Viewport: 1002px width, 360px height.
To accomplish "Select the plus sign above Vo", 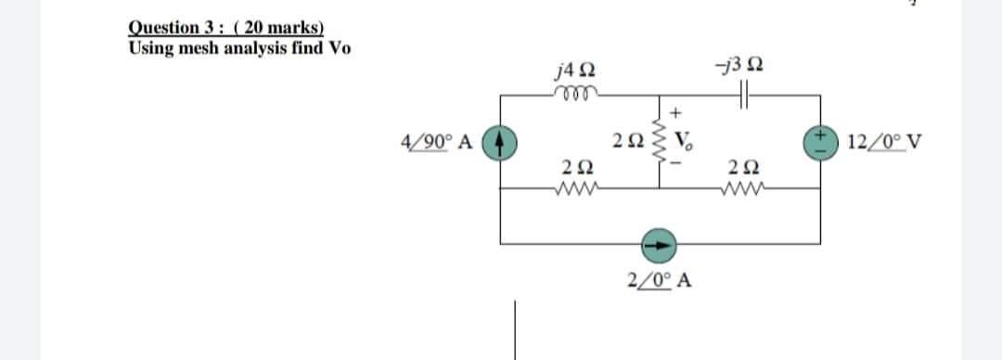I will [678, 112].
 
